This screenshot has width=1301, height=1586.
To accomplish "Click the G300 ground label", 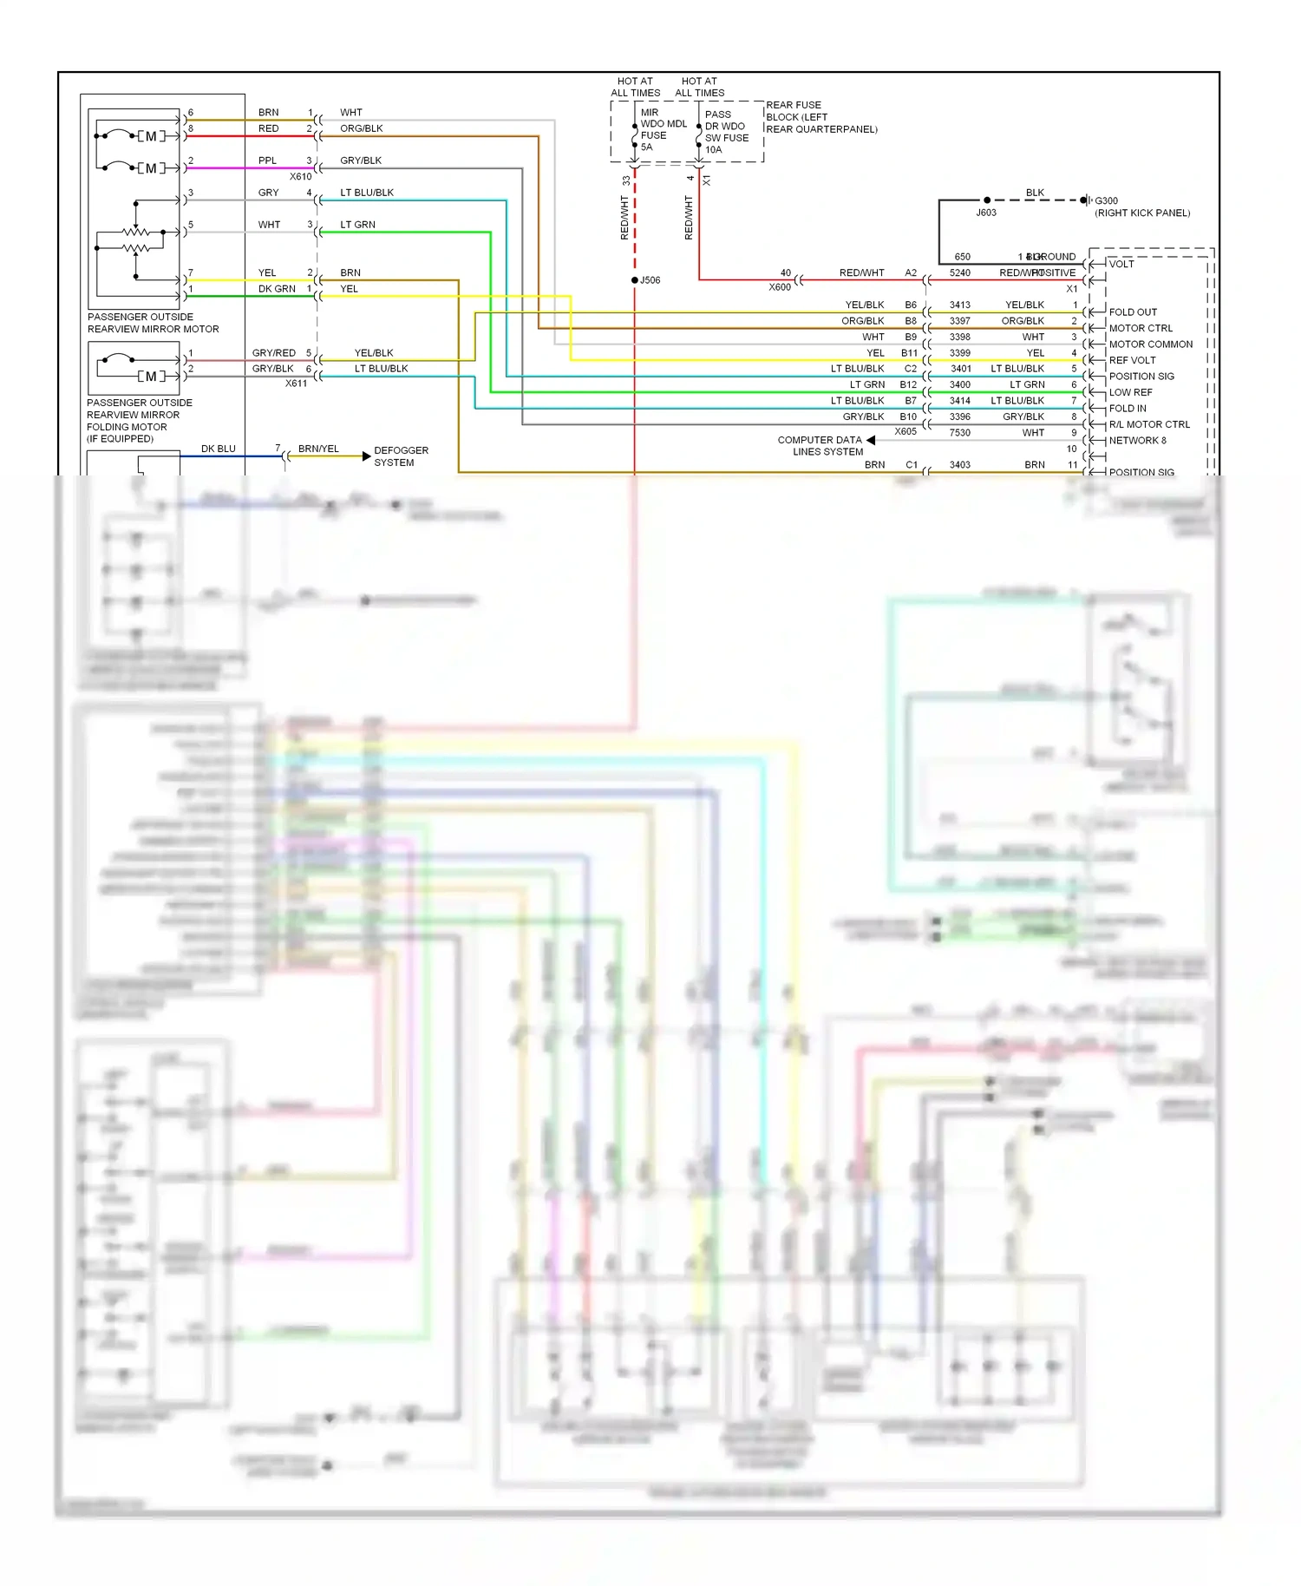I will pos(1106,200).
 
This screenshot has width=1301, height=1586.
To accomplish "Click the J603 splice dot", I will pos(987,200).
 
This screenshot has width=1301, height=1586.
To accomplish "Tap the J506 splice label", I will pos(650,280).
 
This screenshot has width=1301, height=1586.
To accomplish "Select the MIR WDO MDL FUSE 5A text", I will pos(663,129).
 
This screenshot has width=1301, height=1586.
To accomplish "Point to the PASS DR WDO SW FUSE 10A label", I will pos(726,132).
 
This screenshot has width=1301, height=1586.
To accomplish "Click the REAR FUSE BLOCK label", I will pos(820,117).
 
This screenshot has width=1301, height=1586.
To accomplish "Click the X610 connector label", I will pos(300,176).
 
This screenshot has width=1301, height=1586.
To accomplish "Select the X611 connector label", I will pos(296,383).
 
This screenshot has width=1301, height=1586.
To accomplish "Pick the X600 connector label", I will pos(779,287).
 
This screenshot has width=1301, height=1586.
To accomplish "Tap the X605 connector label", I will pos(905,431).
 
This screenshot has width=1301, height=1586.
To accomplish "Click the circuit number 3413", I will pos(959,305).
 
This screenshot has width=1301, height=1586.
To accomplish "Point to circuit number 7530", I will pos(959,432).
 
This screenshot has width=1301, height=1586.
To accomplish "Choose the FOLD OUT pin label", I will pos(1132,311).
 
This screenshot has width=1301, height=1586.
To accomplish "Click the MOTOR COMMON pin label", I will pos(1150,344).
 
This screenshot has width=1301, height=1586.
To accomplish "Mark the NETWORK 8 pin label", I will pos(1137,440).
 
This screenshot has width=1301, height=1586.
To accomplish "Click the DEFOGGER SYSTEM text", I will pos(400,456).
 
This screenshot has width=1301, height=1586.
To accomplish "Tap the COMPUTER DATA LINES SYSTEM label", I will pos(820,445).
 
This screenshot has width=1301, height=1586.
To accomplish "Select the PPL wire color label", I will pos(267,161).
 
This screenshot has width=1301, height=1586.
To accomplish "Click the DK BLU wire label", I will pos(218,449).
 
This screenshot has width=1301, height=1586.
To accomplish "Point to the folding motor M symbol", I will pos(151,376).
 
